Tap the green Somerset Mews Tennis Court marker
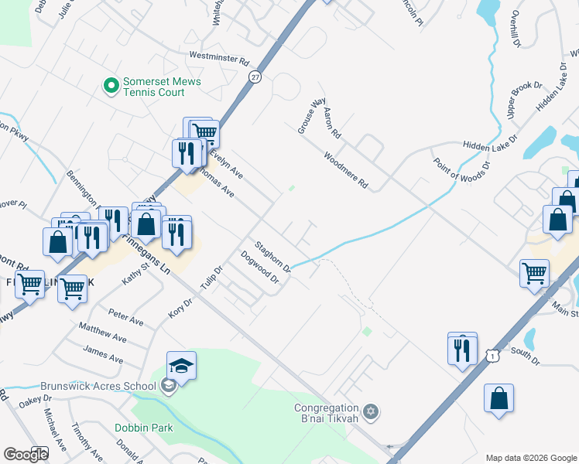(x=111, y=85)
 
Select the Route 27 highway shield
(x=255, y=77)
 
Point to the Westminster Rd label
(x=220, y=58)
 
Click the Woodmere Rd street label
(x=345, y=170)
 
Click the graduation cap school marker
(x=181, y=366)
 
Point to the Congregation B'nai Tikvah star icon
(x=371, y=409)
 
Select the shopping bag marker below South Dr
(x=499, y=399)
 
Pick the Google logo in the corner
(x=26, y=455)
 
